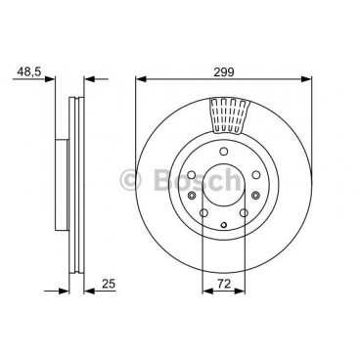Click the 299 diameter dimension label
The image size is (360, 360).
click(224, 71)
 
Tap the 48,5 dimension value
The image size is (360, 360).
click(29, 71)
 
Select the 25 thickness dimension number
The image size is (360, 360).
click(109, 284)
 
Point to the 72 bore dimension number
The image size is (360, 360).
click(224, 284)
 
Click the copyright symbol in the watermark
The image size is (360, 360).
click(130, 181)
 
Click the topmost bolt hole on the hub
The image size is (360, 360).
click(223, 152)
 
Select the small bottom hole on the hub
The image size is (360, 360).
click(223, 225)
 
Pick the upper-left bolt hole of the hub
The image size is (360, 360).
click(192, 175)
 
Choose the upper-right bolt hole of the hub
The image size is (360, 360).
click(256, 175)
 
